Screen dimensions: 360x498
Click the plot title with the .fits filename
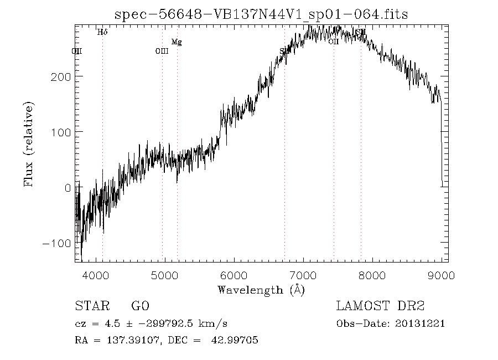pos(261,14)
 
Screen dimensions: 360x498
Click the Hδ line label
pos(102,32)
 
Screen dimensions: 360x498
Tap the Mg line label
pos(177,42)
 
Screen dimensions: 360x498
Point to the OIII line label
pos(162,52)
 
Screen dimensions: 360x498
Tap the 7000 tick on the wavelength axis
pos(303,275)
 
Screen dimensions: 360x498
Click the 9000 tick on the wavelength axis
pos(442,275)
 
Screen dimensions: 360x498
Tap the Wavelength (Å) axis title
pos(261,290)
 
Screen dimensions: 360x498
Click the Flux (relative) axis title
pos(29,143)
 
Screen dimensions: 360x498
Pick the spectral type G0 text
pos(140,306)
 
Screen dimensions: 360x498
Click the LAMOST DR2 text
pos(380,306)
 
